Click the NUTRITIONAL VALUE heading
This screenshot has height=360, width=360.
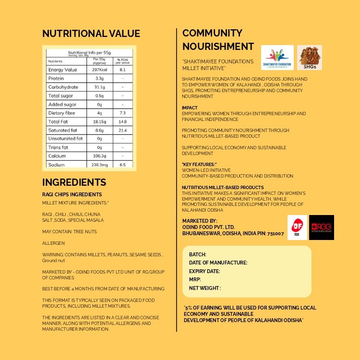coord(91,34)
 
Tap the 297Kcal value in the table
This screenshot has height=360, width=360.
coord(99,70)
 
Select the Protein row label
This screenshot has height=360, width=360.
coord(56,78)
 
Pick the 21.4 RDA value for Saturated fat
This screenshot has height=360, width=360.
coord(122,130)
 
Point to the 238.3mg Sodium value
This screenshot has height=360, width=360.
coord(99,165)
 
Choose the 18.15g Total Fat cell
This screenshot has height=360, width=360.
coord(99,121)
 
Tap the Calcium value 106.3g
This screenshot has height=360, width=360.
coord(99,156)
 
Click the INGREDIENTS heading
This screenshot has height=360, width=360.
coord(74,182)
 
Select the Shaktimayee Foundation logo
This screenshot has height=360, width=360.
coord(277,58)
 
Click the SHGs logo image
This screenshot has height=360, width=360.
coord(310,58)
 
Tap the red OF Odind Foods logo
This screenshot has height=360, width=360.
coord(297,228)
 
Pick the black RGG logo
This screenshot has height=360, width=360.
coord(322,228)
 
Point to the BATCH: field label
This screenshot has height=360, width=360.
coord(198,254)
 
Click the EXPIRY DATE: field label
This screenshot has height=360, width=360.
coord(204,271)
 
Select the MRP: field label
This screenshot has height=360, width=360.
coord(195,279)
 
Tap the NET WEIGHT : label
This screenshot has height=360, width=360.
coord(205,288)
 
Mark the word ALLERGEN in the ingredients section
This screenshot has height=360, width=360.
coord(53,243)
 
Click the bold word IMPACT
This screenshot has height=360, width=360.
coord(190,108)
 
